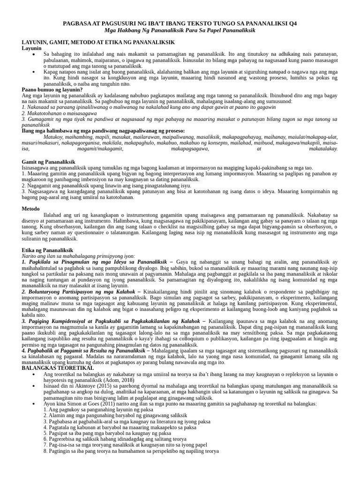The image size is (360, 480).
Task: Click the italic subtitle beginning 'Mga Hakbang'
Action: click(180, 30)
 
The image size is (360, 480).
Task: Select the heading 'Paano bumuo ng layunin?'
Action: click(52, 90)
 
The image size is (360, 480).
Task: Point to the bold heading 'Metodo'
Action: click(31, 209)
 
